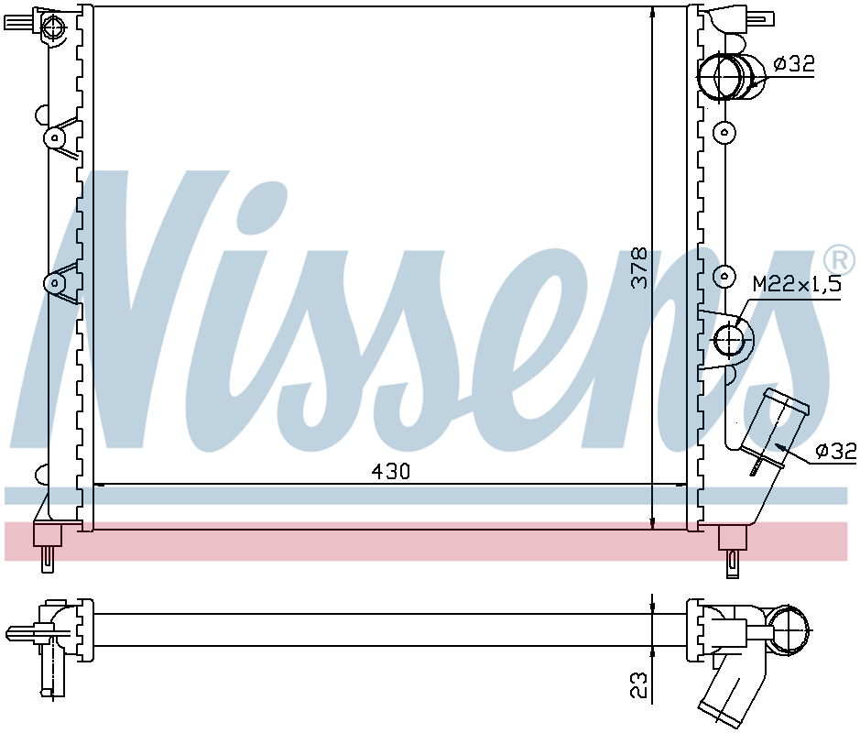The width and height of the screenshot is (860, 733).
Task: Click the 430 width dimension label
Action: (390, 471)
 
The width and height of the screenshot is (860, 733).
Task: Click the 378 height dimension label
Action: (639, 268)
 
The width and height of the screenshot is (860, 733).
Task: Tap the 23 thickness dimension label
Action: (639, 684)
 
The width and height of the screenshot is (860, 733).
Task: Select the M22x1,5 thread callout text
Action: (797, 284)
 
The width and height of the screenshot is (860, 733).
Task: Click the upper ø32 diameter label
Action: (794, 64)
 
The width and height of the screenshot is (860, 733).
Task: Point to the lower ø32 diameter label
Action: (835, 451)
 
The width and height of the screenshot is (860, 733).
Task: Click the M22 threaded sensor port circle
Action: (730, 340)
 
